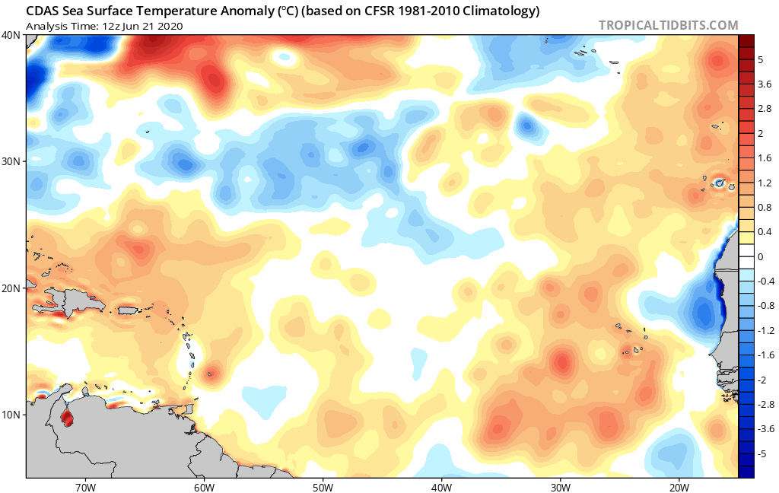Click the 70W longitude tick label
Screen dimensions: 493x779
coord(84,485)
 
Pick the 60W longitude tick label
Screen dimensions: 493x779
coord(203,485)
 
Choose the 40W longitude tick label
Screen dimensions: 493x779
coord(441,485)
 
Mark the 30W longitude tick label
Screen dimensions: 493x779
coord(561,485)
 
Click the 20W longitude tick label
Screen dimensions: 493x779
coord(679,485)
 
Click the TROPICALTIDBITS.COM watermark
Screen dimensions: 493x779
coord(668,25)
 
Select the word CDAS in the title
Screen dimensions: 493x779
coord(42,11)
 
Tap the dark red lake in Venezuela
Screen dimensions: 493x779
coord(67,417)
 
